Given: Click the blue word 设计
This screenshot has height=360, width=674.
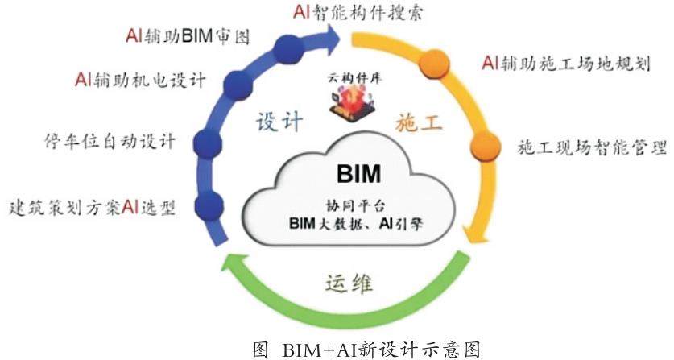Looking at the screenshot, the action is click(x=279, y=122).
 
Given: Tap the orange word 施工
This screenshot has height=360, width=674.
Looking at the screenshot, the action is click(x=419, y=123).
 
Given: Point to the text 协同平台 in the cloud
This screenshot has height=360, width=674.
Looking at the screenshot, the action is click(x=357, y=204).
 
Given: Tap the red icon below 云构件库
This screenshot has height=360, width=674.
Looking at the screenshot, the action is click(x=351, y=106).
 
